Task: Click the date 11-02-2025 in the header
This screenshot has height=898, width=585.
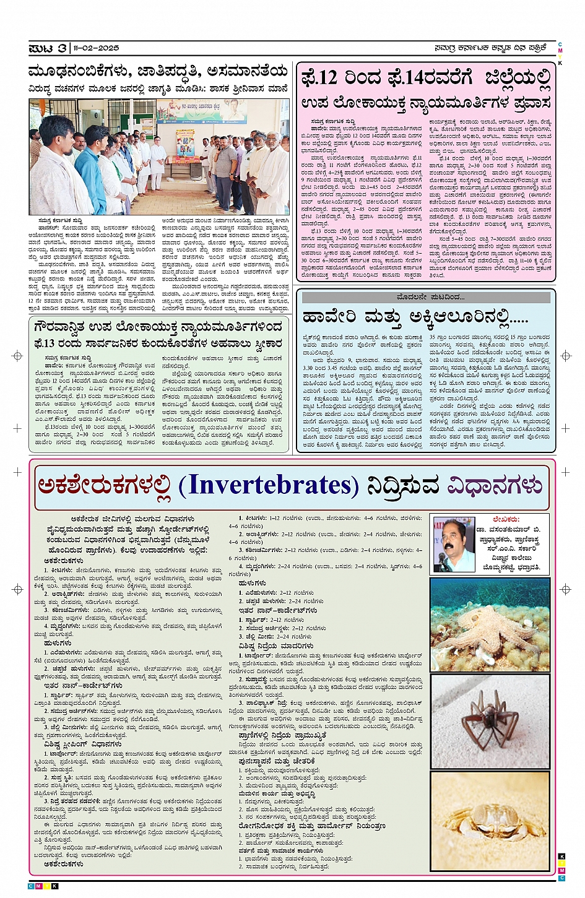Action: point(97,48)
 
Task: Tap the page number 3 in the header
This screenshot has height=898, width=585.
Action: point(62,48)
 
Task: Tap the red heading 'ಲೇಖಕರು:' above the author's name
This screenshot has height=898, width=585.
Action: point(506,520)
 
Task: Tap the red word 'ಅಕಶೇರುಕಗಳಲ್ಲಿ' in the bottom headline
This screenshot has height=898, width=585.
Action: point(103,485)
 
